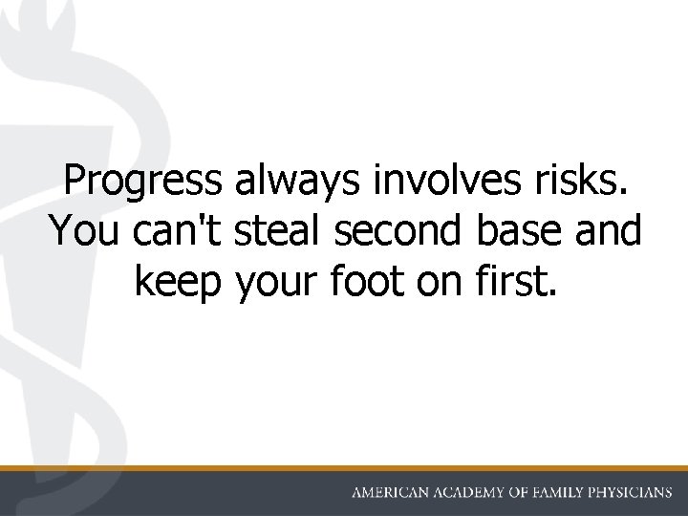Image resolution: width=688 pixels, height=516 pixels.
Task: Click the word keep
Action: [x=177, y=283]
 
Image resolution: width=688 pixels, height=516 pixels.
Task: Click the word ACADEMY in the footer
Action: [x=479, y=493]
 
